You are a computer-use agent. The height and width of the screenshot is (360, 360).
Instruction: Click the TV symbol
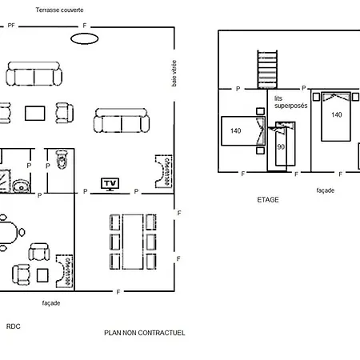pos(110,184)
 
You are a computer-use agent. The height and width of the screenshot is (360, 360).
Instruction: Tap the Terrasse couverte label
pos(59,10)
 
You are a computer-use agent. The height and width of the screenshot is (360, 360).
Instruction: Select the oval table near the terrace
pos(85,38)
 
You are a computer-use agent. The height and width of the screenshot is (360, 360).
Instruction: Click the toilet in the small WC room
pos(62,159)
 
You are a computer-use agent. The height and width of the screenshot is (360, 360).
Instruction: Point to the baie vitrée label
pos(174,74)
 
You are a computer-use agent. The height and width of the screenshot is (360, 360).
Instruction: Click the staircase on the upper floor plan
pos(267,70)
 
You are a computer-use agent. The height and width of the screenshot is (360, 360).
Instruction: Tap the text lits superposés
pos(290,102)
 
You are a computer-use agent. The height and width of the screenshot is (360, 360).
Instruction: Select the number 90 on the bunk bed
pos(281,147)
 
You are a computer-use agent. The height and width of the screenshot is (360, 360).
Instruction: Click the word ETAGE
pos(268,200)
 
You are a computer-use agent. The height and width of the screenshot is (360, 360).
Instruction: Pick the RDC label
pos(13,326)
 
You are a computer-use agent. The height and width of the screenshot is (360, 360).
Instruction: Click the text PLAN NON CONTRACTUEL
pos(144,333)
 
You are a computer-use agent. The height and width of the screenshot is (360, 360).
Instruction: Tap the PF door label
pos(11,26)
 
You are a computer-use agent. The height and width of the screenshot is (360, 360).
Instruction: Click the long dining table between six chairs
pos(133,242)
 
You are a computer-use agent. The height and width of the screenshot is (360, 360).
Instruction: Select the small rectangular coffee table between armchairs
pos(35,114)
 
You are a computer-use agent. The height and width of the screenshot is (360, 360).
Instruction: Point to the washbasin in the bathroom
pos(21,186)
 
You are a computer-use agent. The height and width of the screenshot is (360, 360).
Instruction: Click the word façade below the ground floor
pos(51,303)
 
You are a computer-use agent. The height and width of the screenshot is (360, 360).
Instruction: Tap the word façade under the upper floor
pos(326,190)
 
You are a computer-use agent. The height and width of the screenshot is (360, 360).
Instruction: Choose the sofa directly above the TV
pos(122,120)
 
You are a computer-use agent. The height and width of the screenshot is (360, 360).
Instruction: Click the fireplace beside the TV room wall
pos(164,171)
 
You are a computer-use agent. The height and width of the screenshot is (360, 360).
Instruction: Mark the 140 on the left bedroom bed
pos(236,131)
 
